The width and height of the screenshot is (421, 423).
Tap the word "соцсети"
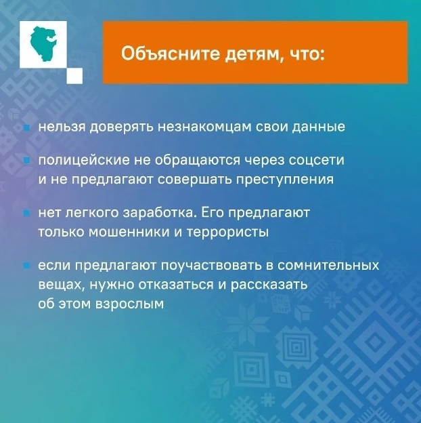tap(318, 161)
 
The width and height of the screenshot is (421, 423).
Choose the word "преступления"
tap(289, 180)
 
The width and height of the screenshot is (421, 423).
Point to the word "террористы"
tap(231, 231)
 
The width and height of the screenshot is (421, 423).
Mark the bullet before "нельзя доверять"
tap(26, 127)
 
